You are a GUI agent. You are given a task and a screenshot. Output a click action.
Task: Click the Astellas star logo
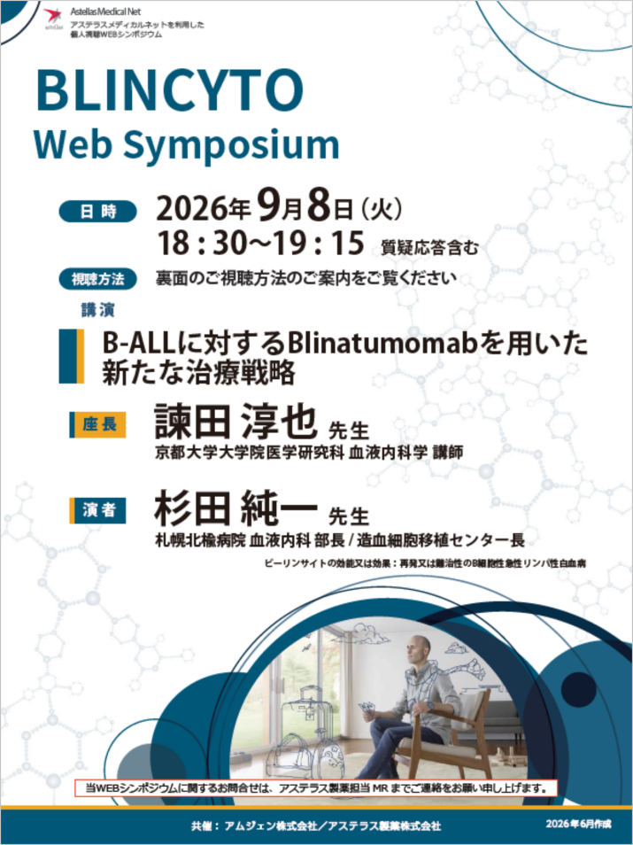click(x=53, y=16)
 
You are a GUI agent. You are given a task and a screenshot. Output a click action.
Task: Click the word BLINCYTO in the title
click(x=170, y=91)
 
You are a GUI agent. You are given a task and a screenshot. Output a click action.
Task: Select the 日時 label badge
click(x=97, y=211)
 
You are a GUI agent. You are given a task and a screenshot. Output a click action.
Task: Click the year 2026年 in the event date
click(x=203, y=208)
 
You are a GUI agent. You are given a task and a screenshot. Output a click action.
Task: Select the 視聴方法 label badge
click(x=97, y=279)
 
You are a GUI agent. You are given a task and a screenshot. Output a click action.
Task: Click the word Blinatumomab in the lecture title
click(x=383, y=343)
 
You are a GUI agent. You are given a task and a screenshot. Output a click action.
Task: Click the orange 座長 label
click(x=98, y=424)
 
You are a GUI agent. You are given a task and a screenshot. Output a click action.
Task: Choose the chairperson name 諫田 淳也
click(x=235, y=421)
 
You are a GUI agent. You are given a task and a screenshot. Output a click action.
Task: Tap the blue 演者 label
click(x=98, y=510)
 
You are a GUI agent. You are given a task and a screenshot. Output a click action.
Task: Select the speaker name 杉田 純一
click(x=236, y=508)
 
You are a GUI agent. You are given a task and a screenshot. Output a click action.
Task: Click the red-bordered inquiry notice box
click(x=316, y=787)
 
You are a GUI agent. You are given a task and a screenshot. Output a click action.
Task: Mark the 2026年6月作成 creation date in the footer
click(x=578, y=824)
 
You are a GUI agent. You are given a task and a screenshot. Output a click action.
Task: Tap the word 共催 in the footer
click(x=203, y=826)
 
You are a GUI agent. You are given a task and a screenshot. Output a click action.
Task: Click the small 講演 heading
click(x=98, y=310)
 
